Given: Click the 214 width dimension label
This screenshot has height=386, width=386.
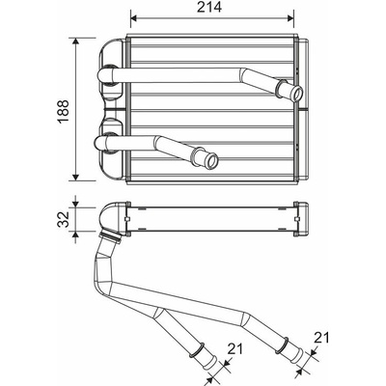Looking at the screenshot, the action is pyautogui.click(x=209, y=8).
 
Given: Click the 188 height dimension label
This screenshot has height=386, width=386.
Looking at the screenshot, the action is pyautogui.click(x=63, y=111).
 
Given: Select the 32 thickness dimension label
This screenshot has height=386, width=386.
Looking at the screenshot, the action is pyautogui.click(x=63, y=219).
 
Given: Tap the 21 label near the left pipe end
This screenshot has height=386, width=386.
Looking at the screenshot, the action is pyautogui.click(x=235, y=348).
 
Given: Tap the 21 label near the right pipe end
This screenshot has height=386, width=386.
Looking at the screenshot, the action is pyautogui.click(x=321, y=338).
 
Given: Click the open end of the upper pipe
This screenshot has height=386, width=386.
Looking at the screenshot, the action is pyautogui.click(x=296, y=94).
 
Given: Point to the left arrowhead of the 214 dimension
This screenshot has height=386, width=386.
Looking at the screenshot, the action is pyautogui.click(x=134, y=18).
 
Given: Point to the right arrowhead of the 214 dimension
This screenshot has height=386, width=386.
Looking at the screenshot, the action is pyautogui.click(x=290, y=18).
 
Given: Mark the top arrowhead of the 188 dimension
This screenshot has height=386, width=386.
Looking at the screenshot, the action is pyautogui.click(x=75, y=41).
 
